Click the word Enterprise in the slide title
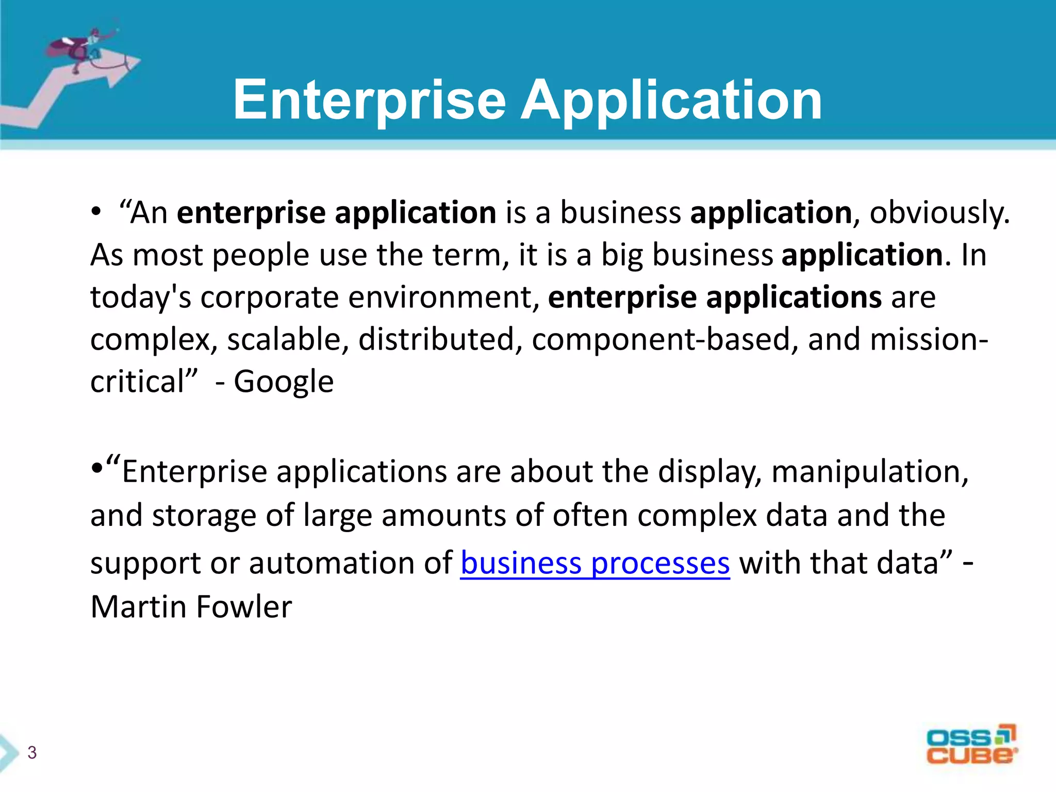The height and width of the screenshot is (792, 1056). point(369,101)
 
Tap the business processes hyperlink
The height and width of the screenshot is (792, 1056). point(595,563)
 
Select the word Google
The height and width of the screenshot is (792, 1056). point(284,382)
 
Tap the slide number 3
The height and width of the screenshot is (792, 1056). point(32,753)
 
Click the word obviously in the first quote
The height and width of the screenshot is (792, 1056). point(938,213)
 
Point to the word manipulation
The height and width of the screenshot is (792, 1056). point(870,472)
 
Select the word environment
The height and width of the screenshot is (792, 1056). point(443,298)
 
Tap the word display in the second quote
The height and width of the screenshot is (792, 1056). point(709,472)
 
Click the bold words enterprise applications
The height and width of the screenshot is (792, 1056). point(715,298)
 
